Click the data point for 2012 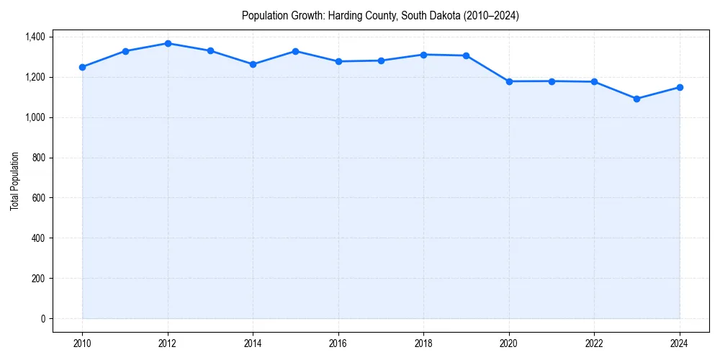pos(168,43)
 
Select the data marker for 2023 pos(637,99)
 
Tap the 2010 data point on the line pos(82,67)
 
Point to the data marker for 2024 pos(680,87)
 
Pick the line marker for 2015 pos(296,51)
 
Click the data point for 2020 pos(509,81)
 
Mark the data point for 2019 pos(467,55)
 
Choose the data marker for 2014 pos(253,64)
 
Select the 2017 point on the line pos(381,60)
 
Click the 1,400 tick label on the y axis pos(35,37)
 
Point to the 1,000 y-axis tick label pos(35,117)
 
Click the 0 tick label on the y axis pos(42,318)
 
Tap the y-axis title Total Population pos(14,181)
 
